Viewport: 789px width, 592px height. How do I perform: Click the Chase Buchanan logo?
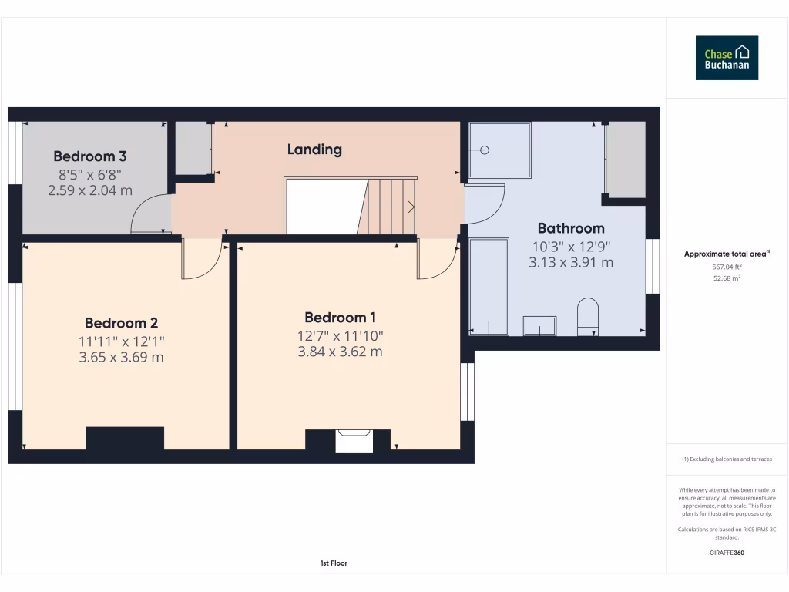click(727, 58)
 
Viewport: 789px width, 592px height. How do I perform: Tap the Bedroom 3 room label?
click(90, 156)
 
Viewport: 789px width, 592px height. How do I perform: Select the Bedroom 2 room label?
click(122, 323)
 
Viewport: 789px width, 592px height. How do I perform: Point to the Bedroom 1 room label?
click(341, 318)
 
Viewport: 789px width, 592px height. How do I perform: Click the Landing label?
click(314, 150)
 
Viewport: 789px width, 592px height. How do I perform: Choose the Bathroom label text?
click(571, 228)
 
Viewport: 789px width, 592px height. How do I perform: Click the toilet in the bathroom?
click(587, 317)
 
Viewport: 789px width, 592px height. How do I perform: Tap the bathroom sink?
click(542, 325)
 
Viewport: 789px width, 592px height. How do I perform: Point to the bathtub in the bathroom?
click(489, 286)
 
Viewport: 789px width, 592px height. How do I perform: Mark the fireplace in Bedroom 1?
click(354, 441)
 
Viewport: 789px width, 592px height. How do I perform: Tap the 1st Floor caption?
click(334, 563)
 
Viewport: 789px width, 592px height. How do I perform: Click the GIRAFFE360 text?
click(727, 553)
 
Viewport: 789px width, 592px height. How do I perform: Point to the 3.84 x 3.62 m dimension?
click(341, 352)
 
